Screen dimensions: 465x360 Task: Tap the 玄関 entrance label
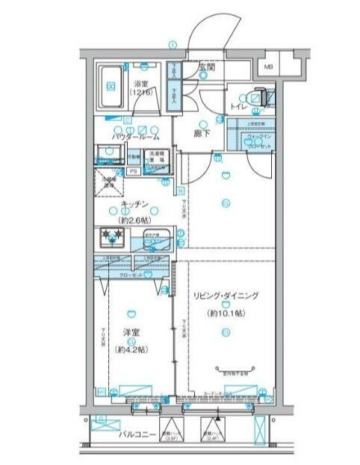[207, 67]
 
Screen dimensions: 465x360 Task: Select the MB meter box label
[267, 70]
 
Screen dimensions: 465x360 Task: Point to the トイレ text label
[239, 107]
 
